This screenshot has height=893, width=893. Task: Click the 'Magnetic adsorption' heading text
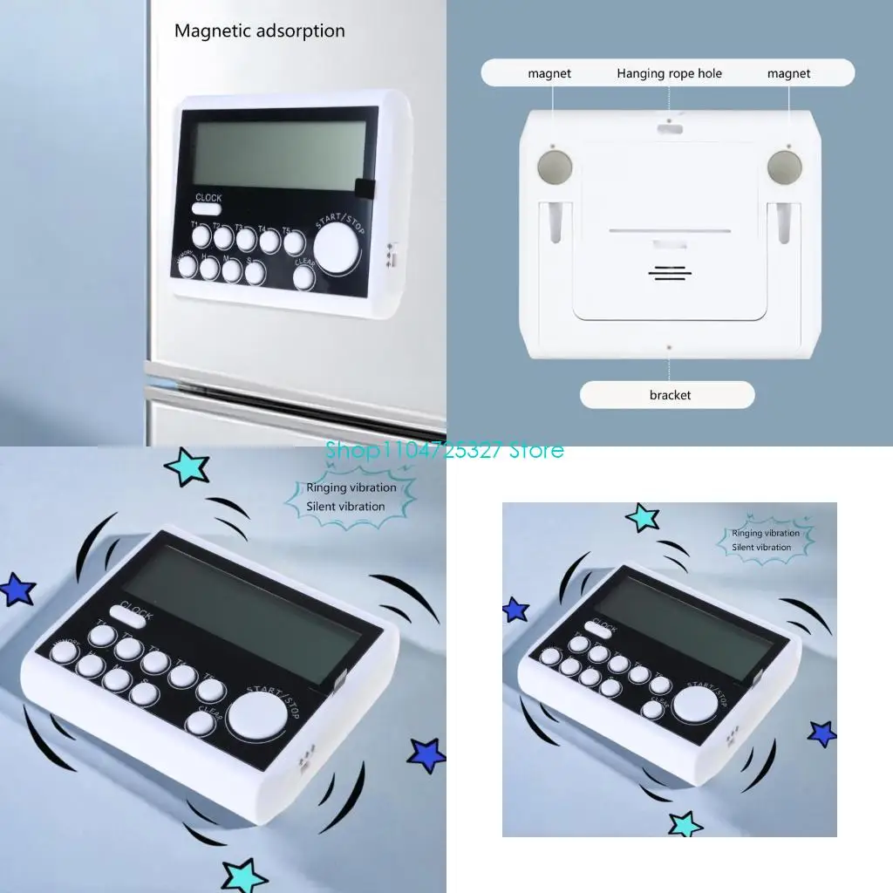pyautogui.click(x=259, y=31)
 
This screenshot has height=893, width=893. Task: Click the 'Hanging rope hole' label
pyautogui.click(x=669, y=73)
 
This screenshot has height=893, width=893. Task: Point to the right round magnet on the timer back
pyautogui.click(x=783, y=167)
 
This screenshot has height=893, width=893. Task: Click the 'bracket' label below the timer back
pyautogui.click(x=669, y=395)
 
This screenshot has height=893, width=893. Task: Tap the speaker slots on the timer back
pyautogui.click(x=669, y=273)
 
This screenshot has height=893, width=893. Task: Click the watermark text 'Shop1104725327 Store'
pyautogui.click(x=445, y=450)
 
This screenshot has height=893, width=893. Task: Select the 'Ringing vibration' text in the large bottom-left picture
pyautogui.click(x=351, y=488)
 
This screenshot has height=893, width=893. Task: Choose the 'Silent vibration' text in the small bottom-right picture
pyautogui.click(x=761, y=548)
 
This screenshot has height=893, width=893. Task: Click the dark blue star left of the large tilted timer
pyautogui.click(x=17, y=590)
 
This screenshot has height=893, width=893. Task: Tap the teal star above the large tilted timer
pyautogui.click(x=187, y=467)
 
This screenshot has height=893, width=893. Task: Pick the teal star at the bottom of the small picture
pyautogui.click(x=685, y=823)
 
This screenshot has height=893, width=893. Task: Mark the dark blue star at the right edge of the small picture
pyautogui.click(x=821, y=733)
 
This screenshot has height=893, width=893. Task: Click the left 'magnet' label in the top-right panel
pyautogui.click(x=549, y=73)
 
